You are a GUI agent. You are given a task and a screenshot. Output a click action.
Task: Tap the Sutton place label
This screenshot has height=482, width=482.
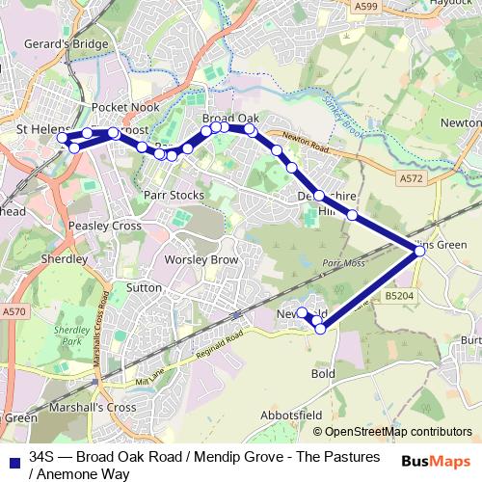145,287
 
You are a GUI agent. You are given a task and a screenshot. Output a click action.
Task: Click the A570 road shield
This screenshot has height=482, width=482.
13,312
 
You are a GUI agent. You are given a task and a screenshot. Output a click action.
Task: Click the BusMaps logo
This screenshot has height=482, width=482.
435,460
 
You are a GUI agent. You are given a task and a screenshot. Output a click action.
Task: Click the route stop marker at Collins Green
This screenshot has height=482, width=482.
419,250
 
